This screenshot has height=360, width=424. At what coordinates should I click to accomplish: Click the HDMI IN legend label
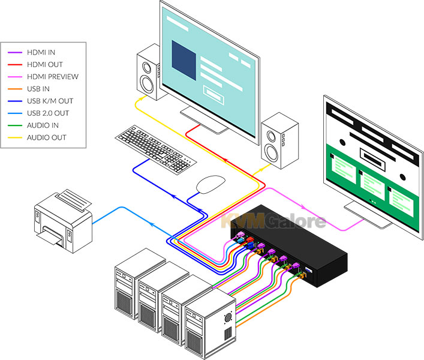(x=41, y=52)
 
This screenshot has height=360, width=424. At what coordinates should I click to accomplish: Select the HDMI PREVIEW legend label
(x=53, y=77)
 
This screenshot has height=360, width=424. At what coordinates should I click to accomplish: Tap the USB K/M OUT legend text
(x=50, y=101)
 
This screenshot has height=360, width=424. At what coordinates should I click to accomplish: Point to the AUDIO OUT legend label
(x=47, y=137)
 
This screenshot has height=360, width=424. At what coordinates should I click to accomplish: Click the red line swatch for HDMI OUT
(x=15, y=65)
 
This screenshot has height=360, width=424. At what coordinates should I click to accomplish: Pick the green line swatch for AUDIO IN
(x=15, y=125)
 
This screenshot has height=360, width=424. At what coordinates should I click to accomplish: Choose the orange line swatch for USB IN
(x=15, y=89)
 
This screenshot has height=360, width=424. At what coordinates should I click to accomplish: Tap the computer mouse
(x=211, y=184)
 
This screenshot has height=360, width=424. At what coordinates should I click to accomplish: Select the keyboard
(x=156, y=149)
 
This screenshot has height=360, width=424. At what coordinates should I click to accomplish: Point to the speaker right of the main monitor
(x=280, y=140)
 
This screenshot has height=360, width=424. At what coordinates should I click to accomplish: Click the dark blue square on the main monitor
(x=184, y=60)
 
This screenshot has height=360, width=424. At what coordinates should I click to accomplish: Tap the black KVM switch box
(x=289, y=245)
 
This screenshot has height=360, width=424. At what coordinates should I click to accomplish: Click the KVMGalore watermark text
(x=273, y=221)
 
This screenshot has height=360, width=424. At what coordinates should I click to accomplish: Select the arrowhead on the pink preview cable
(x=303, y=208)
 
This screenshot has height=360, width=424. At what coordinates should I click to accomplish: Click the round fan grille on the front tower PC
(x=228, y=317)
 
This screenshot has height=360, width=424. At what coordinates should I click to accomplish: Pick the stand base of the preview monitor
(x=368, y=216)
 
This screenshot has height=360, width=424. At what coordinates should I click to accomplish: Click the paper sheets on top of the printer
(x=73, y=200)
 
